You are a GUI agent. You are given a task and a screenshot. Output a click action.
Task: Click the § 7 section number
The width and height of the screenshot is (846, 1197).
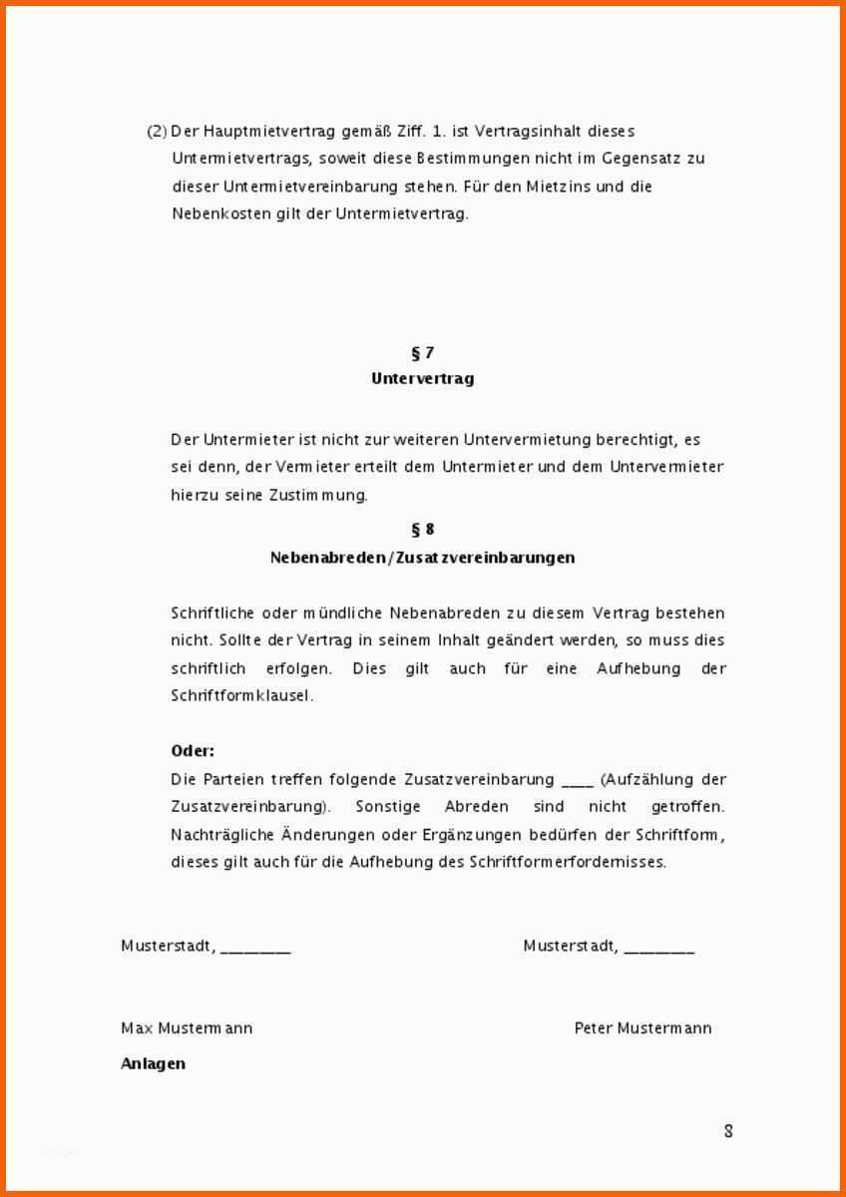tap(422, 352)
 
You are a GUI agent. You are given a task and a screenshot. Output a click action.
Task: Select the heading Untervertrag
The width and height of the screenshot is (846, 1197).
tap(422, 379)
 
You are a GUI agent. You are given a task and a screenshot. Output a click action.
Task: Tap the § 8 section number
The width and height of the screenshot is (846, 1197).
tap(422, 530)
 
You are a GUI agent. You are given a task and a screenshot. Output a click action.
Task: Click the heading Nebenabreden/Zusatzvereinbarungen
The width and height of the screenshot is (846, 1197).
tap(422, 558)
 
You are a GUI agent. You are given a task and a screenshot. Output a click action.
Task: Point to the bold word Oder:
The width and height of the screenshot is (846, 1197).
tap(193, 751)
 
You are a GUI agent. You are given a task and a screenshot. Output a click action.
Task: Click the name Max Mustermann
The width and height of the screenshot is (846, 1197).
tap(187, 1028)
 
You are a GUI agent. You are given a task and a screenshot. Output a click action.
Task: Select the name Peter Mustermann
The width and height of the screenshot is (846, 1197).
tap(642, 1028)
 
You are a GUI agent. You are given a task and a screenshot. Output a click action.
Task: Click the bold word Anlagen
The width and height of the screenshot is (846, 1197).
tap(153, 1063)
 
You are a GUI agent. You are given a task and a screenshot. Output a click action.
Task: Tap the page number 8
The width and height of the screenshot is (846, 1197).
tap(728, 1131)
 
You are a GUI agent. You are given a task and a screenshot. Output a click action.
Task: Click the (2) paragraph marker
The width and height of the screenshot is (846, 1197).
tap(157, 132)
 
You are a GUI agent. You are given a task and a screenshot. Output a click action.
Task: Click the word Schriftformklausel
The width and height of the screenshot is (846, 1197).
tap(242, 696)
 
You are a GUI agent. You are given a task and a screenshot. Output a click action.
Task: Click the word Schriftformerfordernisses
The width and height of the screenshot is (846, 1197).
tap(567, 862)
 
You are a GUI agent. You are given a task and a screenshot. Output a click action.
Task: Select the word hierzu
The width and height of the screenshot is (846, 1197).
tap(194, 495)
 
